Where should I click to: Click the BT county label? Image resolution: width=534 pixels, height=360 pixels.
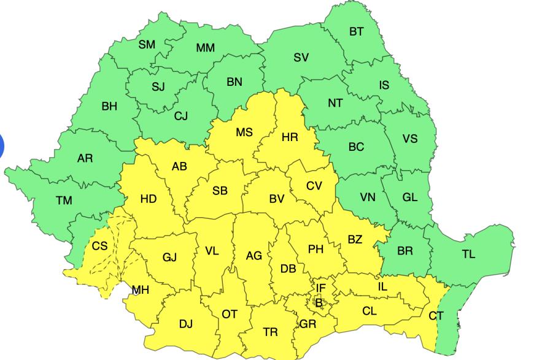(x=357, y=32)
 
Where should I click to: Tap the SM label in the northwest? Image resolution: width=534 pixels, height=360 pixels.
(x=147, y=44)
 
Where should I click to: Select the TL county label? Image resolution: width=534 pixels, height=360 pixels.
(x=468, y=254)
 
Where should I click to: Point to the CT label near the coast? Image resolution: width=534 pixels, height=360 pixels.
(x=436, y=316)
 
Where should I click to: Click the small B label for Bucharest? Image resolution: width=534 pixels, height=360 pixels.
(x=318, y=301)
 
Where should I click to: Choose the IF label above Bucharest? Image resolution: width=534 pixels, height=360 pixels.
(x=320, y=287)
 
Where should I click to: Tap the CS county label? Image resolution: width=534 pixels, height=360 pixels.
(x=99, y=246)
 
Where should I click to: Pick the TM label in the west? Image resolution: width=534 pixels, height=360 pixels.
(x=64, y=201)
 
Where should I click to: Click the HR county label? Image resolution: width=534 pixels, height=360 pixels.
(x=290, y=137)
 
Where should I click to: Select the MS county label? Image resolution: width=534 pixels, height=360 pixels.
(x=244, y=132)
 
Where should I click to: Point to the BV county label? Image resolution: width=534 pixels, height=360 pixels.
(x=277, y=199)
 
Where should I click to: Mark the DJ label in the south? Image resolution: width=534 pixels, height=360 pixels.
(x=185, y=323)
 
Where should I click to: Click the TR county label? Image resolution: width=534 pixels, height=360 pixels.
(x=270, y=332)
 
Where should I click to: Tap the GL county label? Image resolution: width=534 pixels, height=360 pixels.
(x=409, y=197)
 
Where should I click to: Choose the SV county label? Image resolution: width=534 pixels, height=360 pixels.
(x=301, y=58)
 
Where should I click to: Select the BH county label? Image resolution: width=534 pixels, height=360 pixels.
(x=109, y=106)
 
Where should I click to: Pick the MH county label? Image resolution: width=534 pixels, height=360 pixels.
(x=141, y=290)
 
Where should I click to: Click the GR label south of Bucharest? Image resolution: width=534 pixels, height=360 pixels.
(x=308, y=324)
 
